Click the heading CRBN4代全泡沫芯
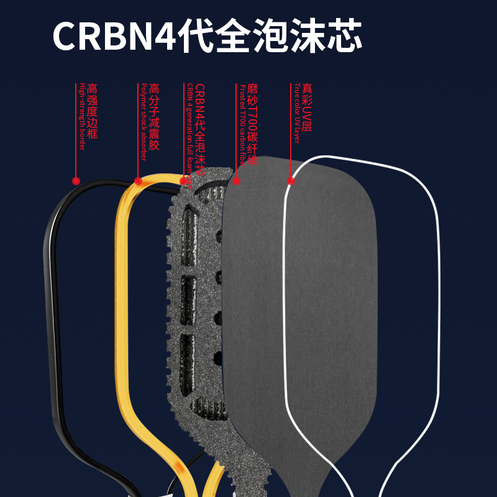(x=207, y=36)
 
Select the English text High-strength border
(x=81, y=118)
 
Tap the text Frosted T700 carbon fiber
(x=242, y=130)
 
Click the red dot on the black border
(x=76, y=181)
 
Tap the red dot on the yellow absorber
(x=139, y=181)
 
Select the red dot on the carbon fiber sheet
(x=236, y=181)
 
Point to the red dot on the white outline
(x=291, y=181)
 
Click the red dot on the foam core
(x=185, y=181)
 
